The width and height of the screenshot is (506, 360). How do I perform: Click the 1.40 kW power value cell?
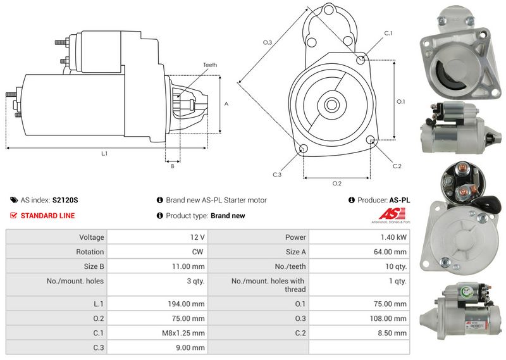393,237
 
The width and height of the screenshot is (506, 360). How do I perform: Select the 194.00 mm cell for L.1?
186,304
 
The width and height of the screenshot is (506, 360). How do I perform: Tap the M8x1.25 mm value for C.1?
183,333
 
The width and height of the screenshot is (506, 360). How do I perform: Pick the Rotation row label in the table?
90,252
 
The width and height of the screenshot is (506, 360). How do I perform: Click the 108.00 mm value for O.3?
388,318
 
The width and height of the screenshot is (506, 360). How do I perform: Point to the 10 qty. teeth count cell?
396,266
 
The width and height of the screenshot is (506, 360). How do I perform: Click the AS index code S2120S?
65,200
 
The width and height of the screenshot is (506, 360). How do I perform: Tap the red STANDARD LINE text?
48,216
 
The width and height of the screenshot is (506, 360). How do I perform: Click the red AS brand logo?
392,214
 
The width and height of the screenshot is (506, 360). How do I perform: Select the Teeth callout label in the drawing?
210,65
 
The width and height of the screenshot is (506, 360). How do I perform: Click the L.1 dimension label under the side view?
104,154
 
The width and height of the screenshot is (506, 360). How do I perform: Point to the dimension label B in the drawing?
173,166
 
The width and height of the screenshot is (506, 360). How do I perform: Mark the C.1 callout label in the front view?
388,34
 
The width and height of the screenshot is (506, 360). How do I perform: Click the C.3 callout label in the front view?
277,175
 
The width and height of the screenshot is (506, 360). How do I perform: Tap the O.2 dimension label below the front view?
337,183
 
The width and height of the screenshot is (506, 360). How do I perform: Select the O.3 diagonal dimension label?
268,42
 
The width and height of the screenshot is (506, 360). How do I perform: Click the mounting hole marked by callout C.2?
371,139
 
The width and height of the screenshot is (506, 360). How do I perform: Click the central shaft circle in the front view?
331,104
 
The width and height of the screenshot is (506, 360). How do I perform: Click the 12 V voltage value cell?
197,237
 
